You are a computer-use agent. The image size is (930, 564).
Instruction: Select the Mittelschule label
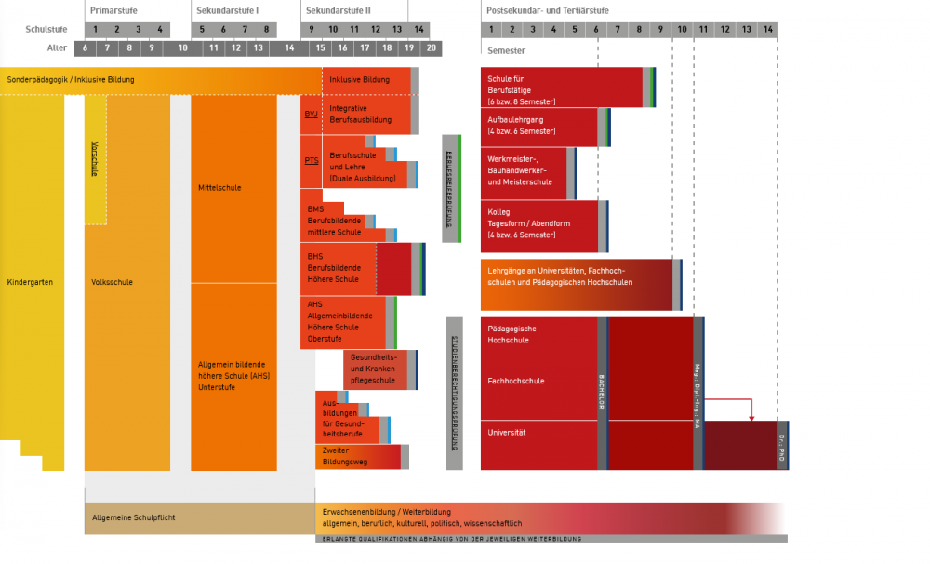pos(219,188)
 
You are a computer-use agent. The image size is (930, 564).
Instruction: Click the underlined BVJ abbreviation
pos(311,114)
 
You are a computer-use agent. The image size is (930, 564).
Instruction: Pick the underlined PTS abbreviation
pos(311,161)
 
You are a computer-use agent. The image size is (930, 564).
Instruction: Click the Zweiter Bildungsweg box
pos(358,456)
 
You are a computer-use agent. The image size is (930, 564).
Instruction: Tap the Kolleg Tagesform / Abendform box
pos(539,224)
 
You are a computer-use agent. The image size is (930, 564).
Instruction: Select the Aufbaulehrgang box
pos(539,126)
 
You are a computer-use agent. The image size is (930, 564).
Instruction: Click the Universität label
pos(507,433)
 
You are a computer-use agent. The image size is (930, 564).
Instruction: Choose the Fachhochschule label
pos(516,381)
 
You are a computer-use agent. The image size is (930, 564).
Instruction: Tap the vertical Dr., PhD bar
pos(782,445)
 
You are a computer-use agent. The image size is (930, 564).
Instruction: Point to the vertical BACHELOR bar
pos(602,394)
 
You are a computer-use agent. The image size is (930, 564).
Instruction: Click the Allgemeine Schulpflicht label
pos(134,517)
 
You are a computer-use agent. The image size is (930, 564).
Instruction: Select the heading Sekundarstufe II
pos(339,10)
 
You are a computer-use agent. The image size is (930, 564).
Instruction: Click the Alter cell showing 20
pos(431,47)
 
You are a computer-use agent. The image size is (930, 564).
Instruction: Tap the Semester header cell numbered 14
pos(768,29)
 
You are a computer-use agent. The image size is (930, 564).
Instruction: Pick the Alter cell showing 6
pos(85,47)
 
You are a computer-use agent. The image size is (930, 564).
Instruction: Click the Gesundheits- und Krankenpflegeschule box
pos(375,369)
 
